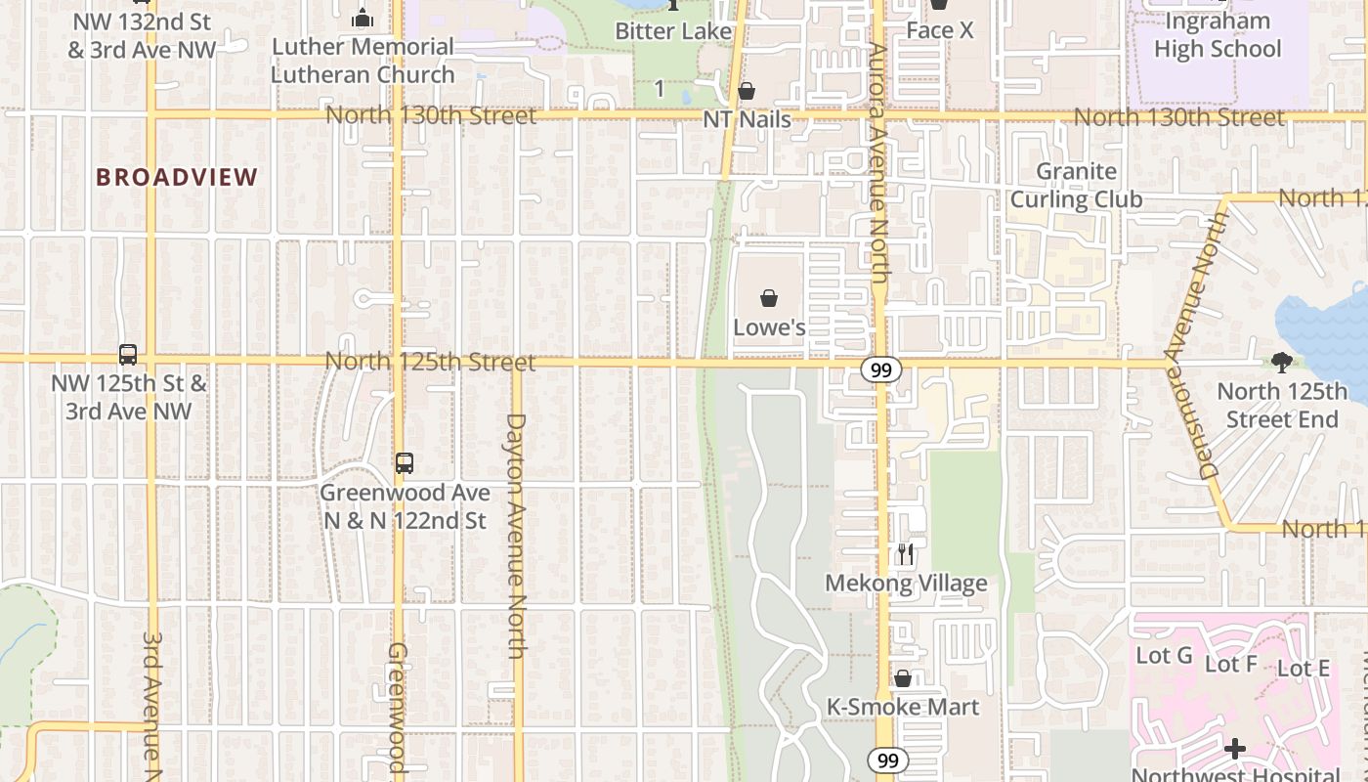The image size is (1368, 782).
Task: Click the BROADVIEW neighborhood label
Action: pos(177,177)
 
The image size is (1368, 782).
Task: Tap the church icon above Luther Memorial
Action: pos(363,17)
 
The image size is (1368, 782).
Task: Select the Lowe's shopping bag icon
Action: pos(769,298)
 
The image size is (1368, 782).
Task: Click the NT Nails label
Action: pos(747,119)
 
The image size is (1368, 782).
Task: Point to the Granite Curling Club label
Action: pos(1076,185)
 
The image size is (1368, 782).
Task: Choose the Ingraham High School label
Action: pos(1218,35)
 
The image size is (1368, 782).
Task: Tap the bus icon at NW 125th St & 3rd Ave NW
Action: pos(128,355)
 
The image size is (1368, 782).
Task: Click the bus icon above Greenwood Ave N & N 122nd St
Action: pos(404,462)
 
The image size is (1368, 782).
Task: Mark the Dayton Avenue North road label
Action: pos(517,535)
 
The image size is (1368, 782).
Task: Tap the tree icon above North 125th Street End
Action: pos(1282,363)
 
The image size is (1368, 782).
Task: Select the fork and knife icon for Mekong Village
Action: pos(906,554)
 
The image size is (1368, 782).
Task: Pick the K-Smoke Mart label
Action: pos(903,707)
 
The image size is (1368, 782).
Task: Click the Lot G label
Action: pos(1164,655)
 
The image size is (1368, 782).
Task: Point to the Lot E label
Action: pos(1304,669)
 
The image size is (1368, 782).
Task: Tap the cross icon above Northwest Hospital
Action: pos(1235,749)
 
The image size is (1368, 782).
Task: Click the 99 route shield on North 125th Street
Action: pos(881,369)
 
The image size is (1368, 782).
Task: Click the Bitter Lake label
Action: pos(673,31)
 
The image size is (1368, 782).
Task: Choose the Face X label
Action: pos(939,30)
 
